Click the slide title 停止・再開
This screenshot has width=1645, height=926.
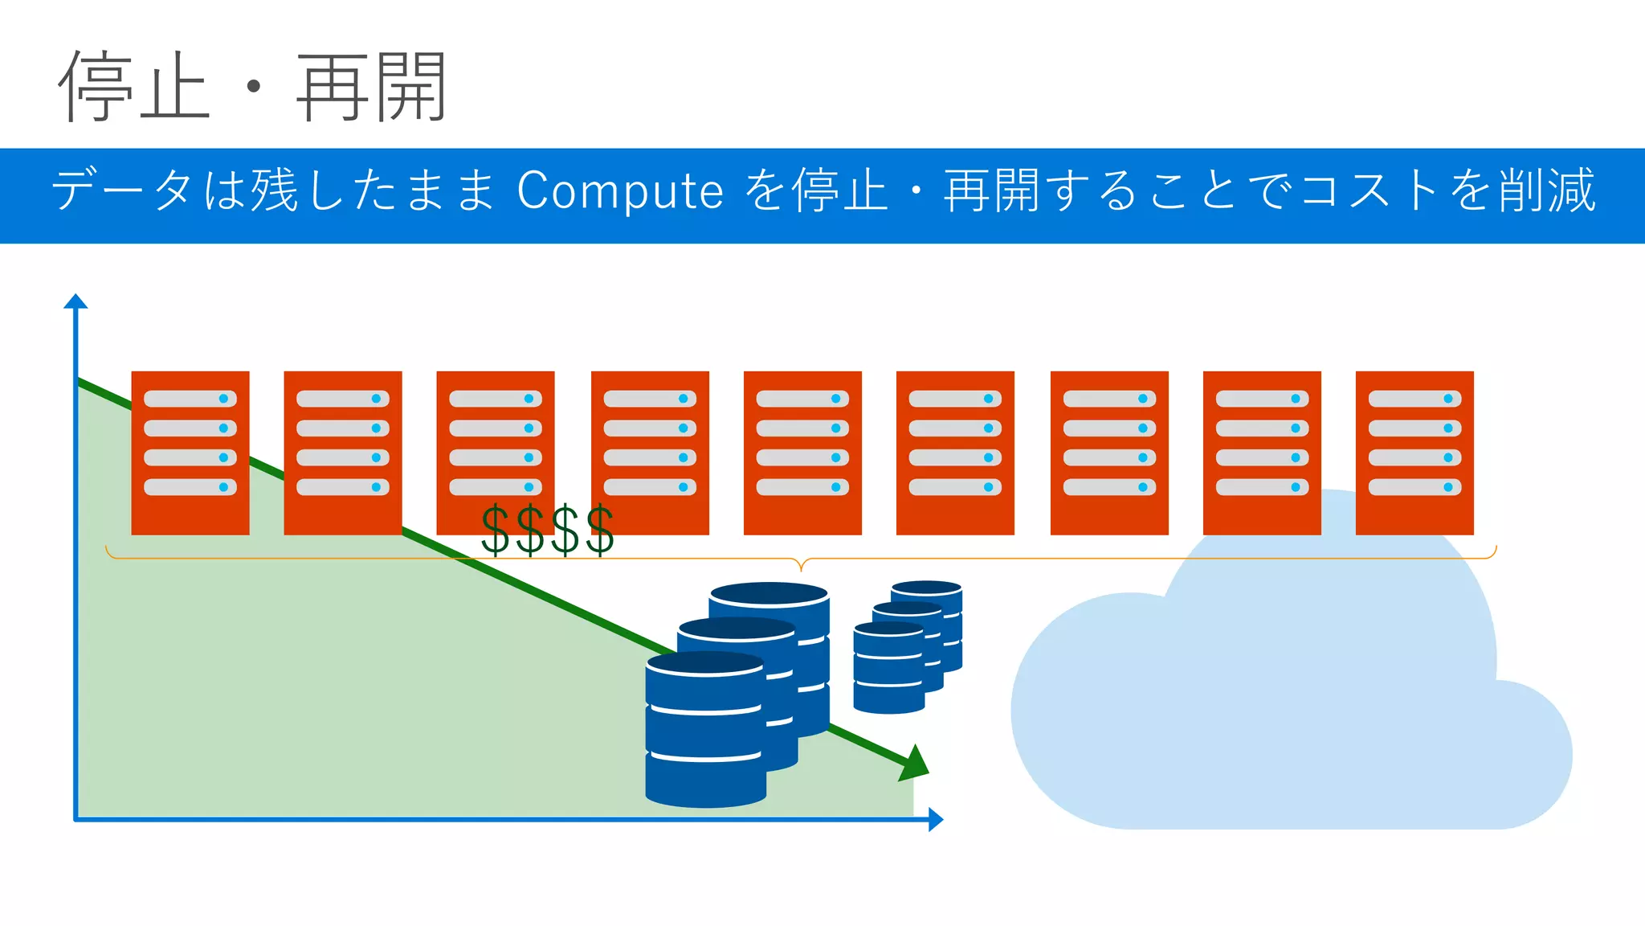(251, 87)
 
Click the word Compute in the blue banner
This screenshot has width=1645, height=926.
(620, 191)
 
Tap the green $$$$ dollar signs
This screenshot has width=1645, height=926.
(548, 531)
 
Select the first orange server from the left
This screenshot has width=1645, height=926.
(190, 453)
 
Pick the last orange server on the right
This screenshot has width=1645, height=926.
(1414, 453)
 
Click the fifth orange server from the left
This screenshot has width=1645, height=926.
(802, 453)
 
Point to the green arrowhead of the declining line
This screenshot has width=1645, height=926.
(916, 763)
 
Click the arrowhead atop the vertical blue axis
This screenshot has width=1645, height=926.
(76, 301)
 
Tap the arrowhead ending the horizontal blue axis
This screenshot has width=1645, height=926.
(935, 819)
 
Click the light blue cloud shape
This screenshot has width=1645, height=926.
(1285, 707)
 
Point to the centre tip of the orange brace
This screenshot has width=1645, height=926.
(801, 567)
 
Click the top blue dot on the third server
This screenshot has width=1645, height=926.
(529, 399)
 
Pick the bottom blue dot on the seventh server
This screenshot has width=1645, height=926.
(1142, 487)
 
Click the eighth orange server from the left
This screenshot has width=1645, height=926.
(1262, 453)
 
